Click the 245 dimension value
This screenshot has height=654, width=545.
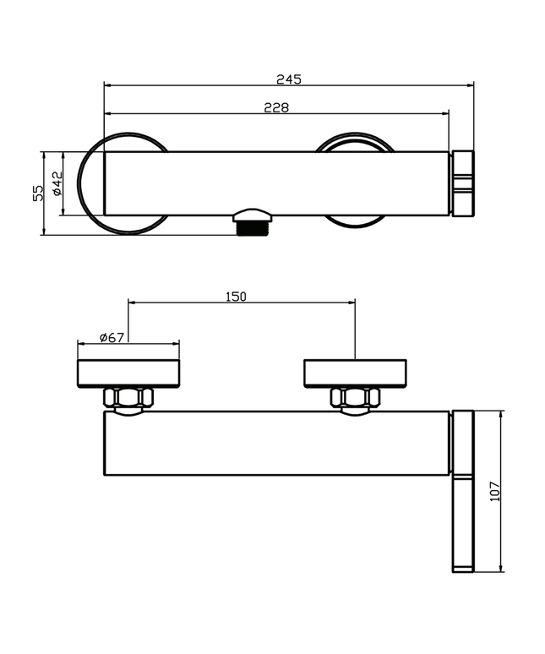[288, 79]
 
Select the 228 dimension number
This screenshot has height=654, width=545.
[276, 108]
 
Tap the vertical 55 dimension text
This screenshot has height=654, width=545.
[38, 193]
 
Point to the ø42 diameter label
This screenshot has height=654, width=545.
[57, 183]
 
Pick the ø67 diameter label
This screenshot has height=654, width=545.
[112, 337]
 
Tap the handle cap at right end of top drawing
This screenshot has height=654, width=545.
[464, 183]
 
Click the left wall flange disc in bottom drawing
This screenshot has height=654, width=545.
[128, 373]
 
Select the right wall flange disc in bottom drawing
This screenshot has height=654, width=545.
[355, 373]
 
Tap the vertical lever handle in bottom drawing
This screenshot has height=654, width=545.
[464, 490]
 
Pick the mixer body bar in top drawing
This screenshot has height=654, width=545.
[276, 183]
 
